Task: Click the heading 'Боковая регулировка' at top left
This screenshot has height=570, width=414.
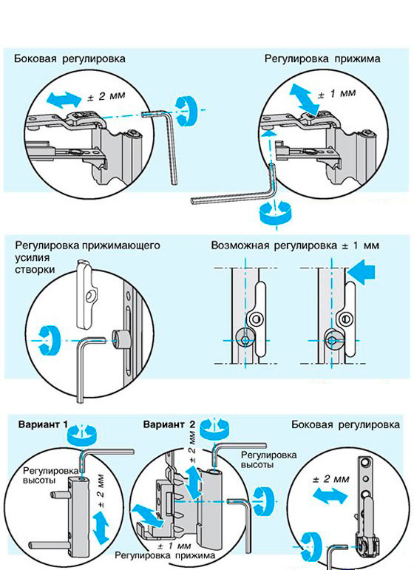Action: pyautogui.click(x=69, y=59)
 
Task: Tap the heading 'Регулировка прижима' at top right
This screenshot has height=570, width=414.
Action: pyautogui.click(x=322, y=59)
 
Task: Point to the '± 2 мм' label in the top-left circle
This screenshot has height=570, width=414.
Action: pyautogui.click(x=107, y=96)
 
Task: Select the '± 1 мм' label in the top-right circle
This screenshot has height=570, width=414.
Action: pyautogui.click(x=337, y=94)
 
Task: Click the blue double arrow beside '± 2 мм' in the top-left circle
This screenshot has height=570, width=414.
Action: pyautogui.click(x=65, y=99)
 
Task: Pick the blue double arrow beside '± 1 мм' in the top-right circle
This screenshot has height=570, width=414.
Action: pyautogui.click(x=305, y=98)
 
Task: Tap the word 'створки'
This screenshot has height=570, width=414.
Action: pyautogui.click(x=35, y=270)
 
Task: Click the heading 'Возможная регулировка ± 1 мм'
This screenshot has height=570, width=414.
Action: pyautogui.click(x=295, y=245)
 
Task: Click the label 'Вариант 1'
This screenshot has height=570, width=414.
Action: pyautogui.click(x=44, y=424)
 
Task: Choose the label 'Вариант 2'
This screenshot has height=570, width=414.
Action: pyautogui.click(x=169, y=424)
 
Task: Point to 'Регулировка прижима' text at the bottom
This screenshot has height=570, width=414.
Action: pyautogui.click(x=165, y=556)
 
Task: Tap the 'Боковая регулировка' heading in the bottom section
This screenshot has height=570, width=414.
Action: pyautogui.click(x=346, y=424)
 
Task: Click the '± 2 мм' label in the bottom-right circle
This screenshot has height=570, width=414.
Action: pyautogui.click(x=331, y=479)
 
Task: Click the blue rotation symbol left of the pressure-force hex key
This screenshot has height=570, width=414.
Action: pyautogui.click(x=48, y=340)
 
